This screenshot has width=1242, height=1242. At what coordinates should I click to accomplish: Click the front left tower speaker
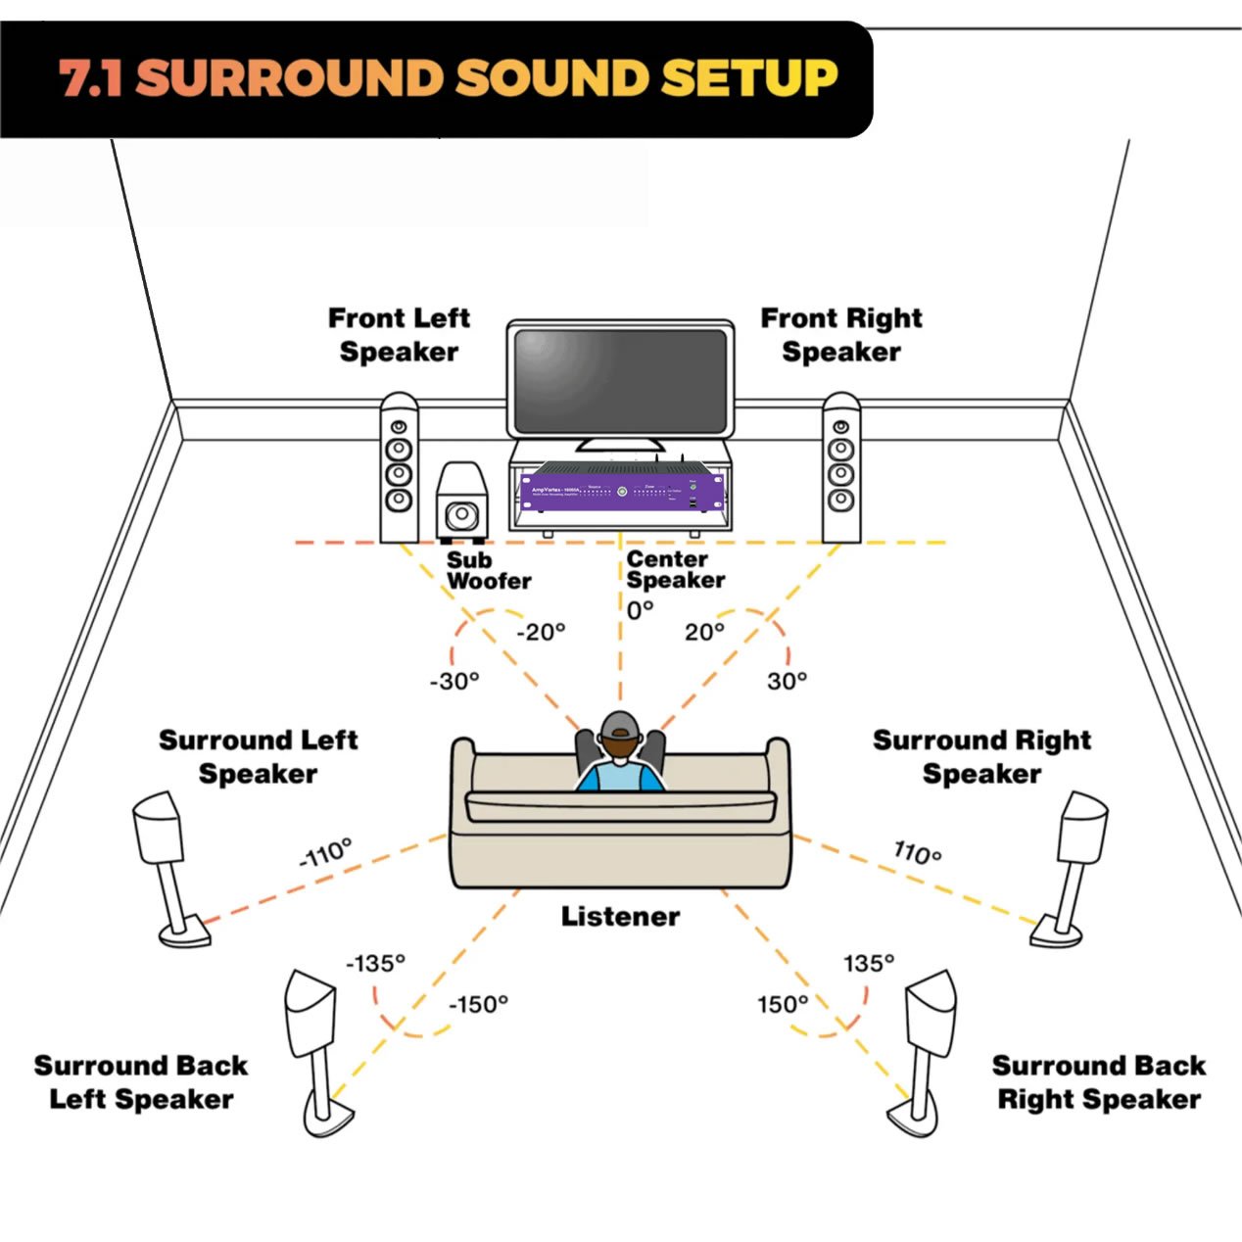[399, 468]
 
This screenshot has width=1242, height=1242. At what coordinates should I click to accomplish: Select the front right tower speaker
[840, 468]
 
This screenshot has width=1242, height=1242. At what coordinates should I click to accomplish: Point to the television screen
[620, 379]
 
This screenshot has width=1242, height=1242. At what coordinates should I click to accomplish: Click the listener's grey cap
[619, 727]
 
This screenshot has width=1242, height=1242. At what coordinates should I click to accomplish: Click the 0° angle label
[640, 610]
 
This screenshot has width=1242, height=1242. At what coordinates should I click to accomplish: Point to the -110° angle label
[325, 853]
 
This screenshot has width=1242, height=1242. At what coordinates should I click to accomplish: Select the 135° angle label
[869, 964]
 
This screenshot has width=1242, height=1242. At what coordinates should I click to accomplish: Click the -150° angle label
[478, 1005]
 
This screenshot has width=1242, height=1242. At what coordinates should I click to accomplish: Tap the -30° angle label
[454, 681]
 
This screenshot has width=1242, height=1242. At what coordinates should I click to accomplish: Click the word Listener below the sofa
[620, 917]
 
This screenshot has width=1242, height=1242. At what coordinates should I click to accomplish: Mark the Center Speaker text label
[675, 569]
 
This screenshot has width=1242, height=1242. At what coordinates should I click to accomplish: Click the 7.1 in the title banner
[90, 78]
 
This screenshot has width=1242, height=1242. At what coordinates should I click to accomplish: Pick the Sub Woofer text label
[487, 570]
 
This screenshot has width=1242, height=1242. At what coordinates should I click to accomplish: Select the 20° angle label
[704, 632]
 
